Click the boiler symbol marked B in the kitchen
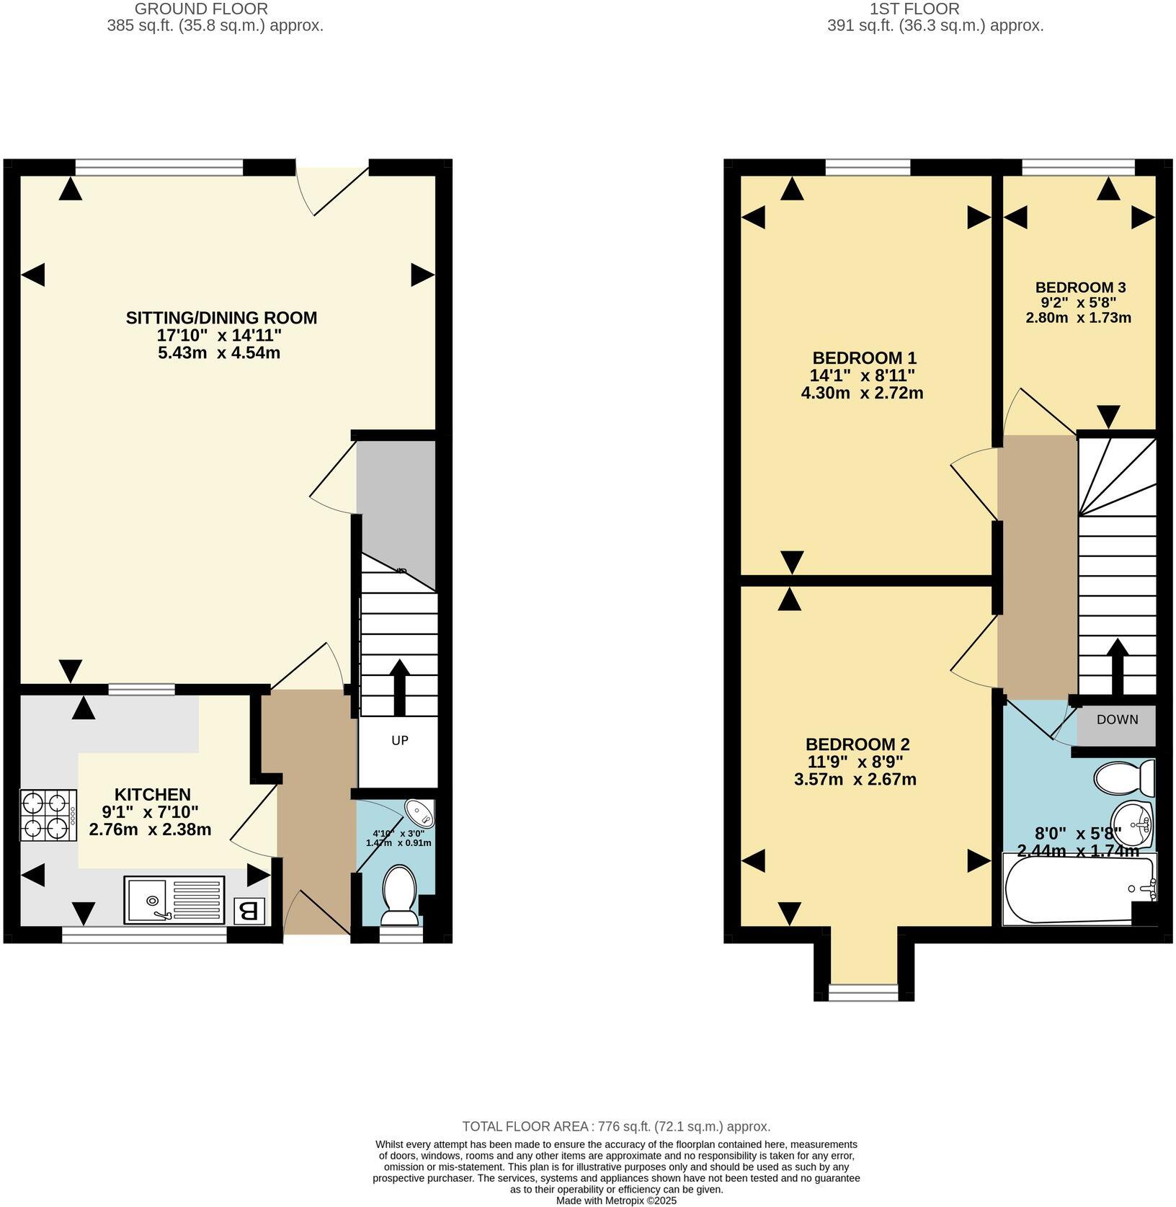click(249, 910)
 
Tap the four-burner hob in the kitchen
click(48, 816)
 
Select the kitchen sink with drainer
click(174, 899)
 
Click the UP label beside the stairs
click(399, 740)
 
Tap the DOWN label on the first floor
click(1117, 719)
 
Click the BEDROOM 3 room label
click(1079, 287)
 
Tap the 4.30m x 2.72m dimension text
click(862, 393)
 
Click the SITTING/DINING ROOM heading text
click(221, 318)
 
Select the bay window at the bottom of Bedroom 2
click(863, 992)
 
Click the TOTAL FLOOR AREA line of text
click(616, 1126)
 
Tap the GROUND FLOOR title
click(201, 9)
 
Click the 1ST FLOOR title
click(914, 9)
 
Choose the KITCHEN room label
click(153, 794)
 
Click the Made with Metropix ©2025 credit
click(616, 1201)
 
